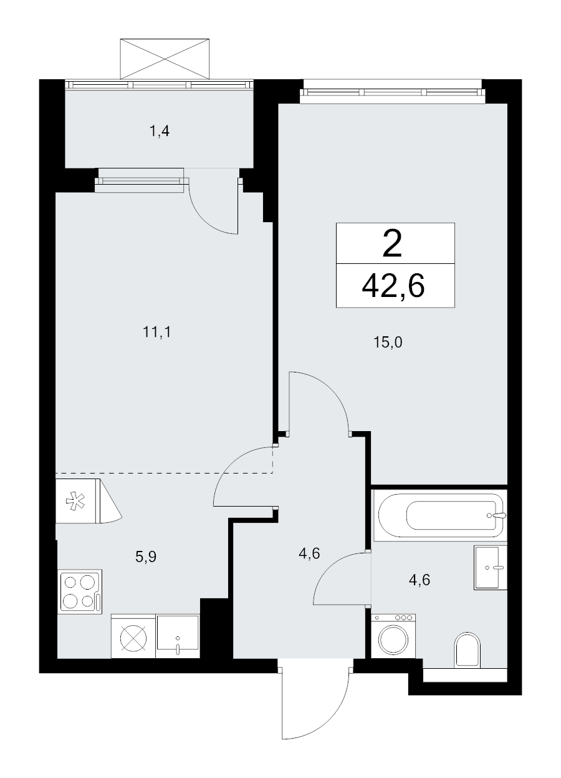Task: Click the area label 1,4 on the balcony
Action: (x=159, y=131)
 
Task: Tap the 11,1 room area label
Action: (x=157, y=333)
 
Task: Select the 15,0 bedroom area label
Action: (x=388, y=343)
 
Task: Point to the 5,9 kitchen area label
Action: (x=146, y=557)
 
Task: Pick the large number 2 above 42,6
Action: (x=392, y=244)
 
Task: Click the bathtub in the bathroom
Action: (x=439, y=515)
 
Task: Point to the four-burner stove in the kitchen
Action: (x=80, y=592)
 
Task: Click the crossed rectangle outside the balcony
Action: (x=165, y=59)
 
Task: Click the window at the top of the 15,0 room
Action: (x=392, y=92)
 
